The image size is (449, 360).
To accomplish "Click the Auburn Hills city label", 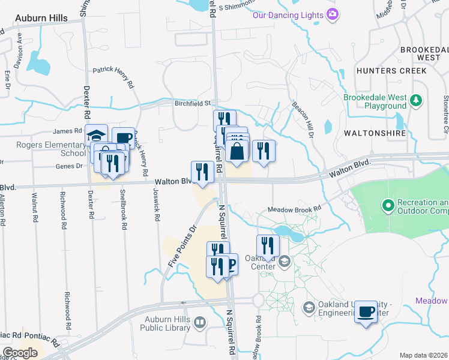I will (41, 19).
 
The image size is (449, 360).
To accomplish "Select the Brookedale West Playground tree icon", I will (416, 101).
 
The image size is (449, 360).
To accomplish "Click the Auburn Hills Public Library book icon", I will (199, 323).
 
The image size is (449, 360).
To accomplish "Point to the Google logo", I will (20, 353).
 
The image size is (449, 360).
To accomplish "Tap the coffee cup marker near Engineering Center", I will (366, 313).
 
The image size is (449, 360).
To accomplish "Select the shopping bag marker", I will (237, 151).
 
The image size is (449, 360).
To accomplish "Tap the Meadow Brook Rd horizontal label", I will (295, 209).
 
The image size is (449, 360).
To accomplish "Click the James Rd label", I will (67, 131).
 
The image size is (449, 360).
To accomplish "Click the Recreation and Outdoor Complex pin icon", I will (388, 206).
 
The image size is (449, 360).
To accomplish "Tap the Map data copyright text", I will (423, 355).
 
